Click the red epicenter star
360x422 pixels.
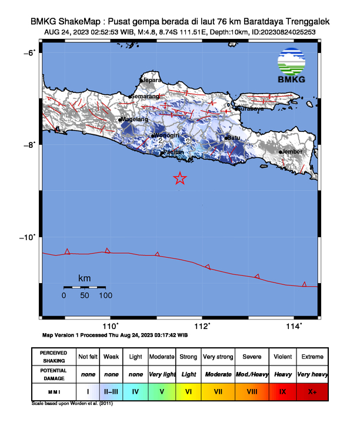180,178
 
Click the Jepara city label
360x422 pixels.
152,80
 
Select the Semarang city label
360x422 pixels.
145,97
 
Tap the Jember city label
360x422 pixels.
292,151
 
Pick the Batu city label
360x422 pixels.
235,138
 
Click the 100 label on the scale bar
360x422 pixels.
105,295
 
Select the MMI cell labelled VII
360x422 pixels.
218,391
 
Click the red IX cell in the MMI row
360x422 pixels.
282,391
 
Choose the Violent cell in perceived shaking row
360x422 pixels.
282,357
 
